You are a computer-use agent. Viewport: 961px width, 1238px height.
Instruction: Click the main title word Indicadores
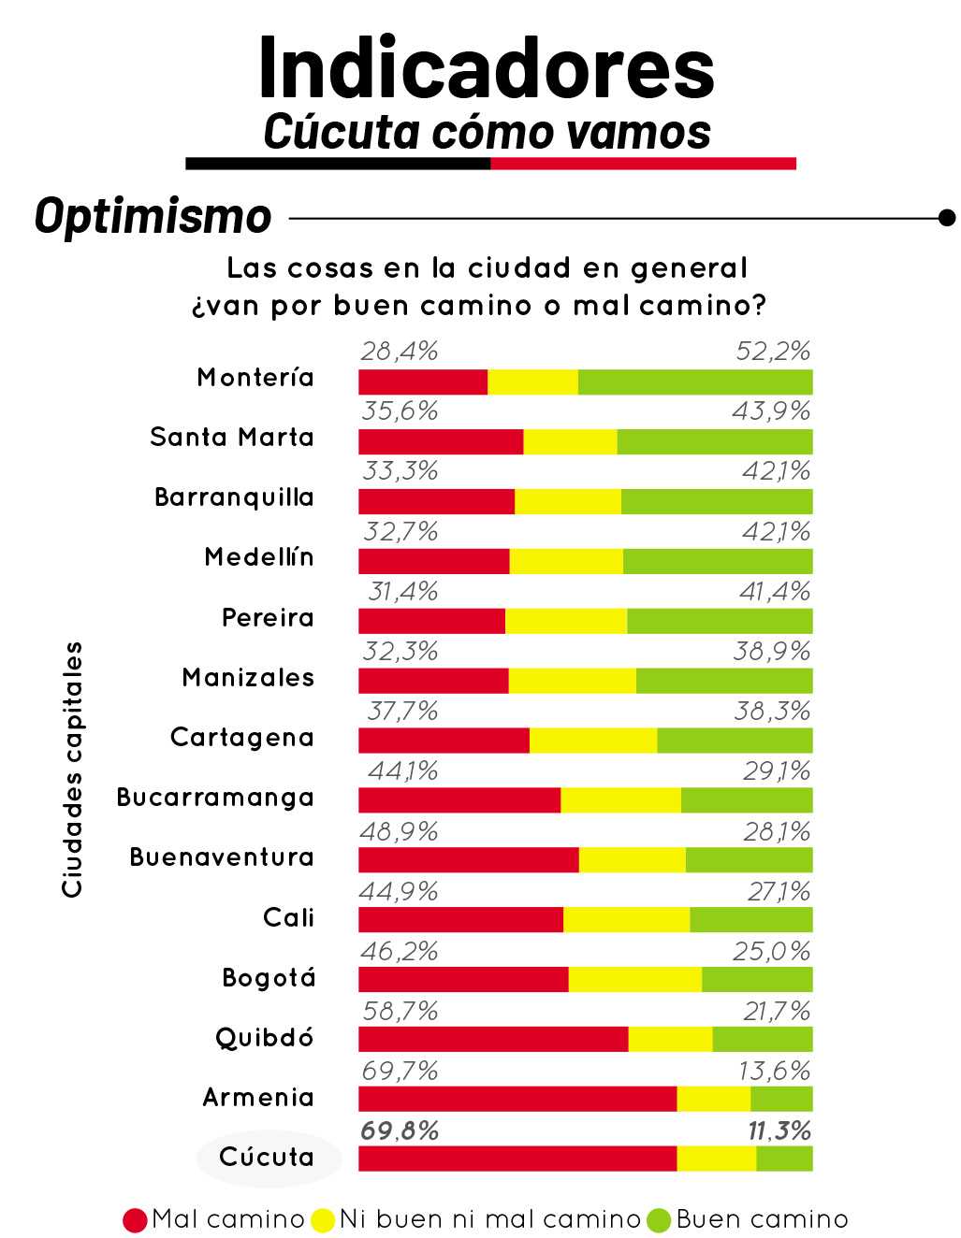tap(486, 68)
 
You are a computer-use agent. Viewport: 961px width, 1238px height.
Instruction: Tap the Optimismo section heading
tap(153, 216)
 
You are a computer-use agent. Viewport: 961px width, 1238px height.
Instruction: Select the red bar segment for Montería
tap(422, 381)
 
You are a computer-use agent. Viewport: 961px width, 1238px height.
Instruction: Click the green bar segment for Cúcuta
tap(784, 1159)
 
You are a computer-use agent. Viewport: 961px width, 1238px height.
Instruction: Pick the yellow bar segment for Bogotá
tap(634, 979)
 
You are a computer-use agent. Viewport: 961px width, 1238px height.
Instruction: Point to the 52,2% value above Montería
tap(772, 352)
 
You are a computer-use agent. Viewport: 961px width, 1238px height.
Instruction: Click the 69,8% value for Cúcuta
tap(400, 1130)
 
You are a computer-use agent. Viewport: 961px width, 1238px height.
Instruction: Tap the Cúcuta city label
tap(267, 1158)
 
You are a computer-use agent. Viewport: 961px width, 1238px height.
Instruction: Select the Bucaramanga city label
tap(215, 798)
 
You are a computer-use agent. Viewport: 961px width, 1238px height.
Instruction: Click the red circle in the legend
tap(135, 1220)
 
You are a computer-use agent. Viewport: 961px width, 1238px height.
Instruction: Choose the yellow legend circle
tap(323, 1220)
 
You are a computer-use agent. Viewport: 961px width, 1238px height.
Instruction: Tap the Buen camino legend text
tap(762, 1219)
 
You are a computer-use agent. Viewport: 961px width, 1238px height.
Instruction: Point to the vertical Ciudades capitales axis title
tap(72, 769)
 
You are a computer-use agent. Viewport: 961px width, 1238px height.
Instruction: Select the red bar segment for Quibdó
tap(493, 1039)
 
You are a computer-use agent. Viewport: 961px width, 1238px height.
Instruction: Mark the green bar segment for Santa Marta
tap(714, 441)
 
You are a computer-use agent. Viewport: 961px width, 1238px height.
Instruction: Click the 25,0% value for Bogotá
tap(771, 951)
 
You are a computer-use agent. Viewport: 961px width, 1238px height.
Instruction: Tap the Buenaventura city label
tap(222, 857)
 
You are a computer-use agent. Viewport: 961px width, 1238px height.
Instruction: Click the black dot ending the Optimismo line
tap(947, 218)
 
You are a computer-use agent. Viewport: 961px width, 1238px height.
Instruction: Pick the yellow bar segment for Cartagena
tap(593, 741)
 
